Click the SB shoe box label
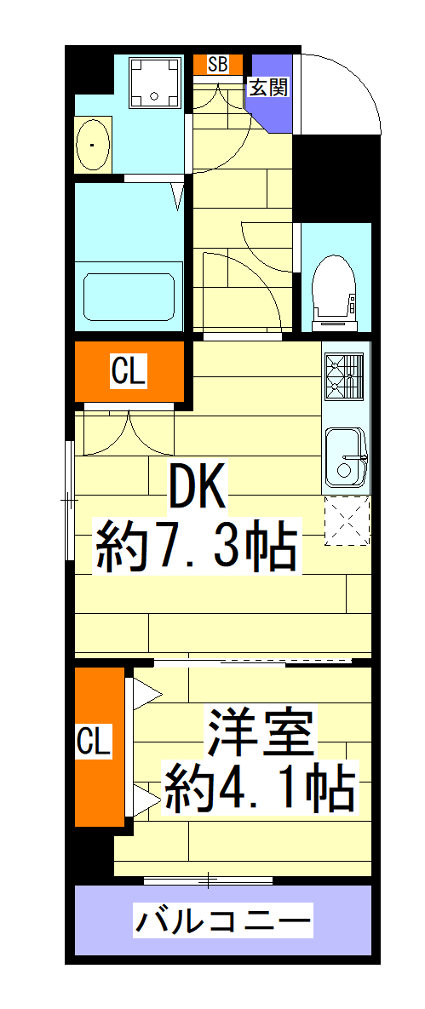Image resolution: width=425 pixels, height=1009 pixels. pyautogui.click(x=217, y=64)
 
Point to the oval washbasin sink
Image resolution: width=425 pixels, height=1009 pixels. pyautogui.click(x=92, y=146)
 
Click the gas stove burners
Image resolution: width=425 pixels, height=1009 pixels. pyautogui.click(x=344, y=376)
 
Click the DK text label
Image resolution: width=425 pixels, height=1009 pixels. pyautogui.click(x=198, y=489)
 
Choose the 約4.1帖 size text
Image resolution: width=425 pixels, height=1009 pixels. pyautogui.click(x=259, y=789)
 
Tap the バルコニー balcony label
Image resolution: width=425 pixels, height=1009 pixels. pyautogui.click(x=223, y=920)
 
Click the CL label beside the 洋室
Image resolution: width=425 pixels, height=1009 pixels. pyautogui.click(x=94, y=741)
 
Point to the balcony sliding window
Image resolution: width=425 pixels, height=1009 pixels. pyautogui.click(x=208, y=879)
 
